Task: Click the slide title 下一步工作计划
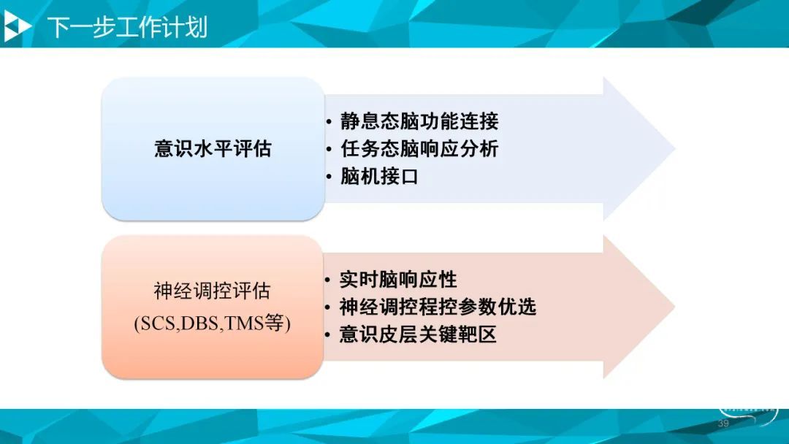(127, 27)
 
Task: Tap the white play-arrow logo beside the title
(17, 26)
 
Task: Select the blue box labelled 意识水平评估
(213, 149)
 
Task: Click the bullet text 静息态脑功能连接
(419, 122)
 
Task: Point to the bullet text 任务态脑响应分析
(419, 149)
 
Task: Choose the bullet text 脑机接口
(379, 177)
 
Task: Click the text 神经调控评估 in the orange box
(213, 291)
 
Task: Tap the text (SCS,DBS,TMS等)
(213, 323)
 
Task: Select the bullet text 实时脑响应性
(398, 280)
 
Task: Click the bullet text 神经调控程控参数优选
(438, 307)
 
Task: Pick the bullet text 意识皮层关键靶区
(418, 334)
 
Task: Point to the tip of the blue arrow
(675, 149)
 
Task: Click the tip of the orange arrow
(675, 307)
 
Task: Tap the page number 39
(723, 424)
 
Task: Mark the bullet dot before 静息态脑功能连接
(329, 122)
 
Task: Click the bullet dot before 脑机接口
(329, 177)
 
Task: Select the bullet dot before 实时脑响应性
(328, 280)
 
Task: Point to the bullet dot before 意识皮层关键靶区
(328, 335)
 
